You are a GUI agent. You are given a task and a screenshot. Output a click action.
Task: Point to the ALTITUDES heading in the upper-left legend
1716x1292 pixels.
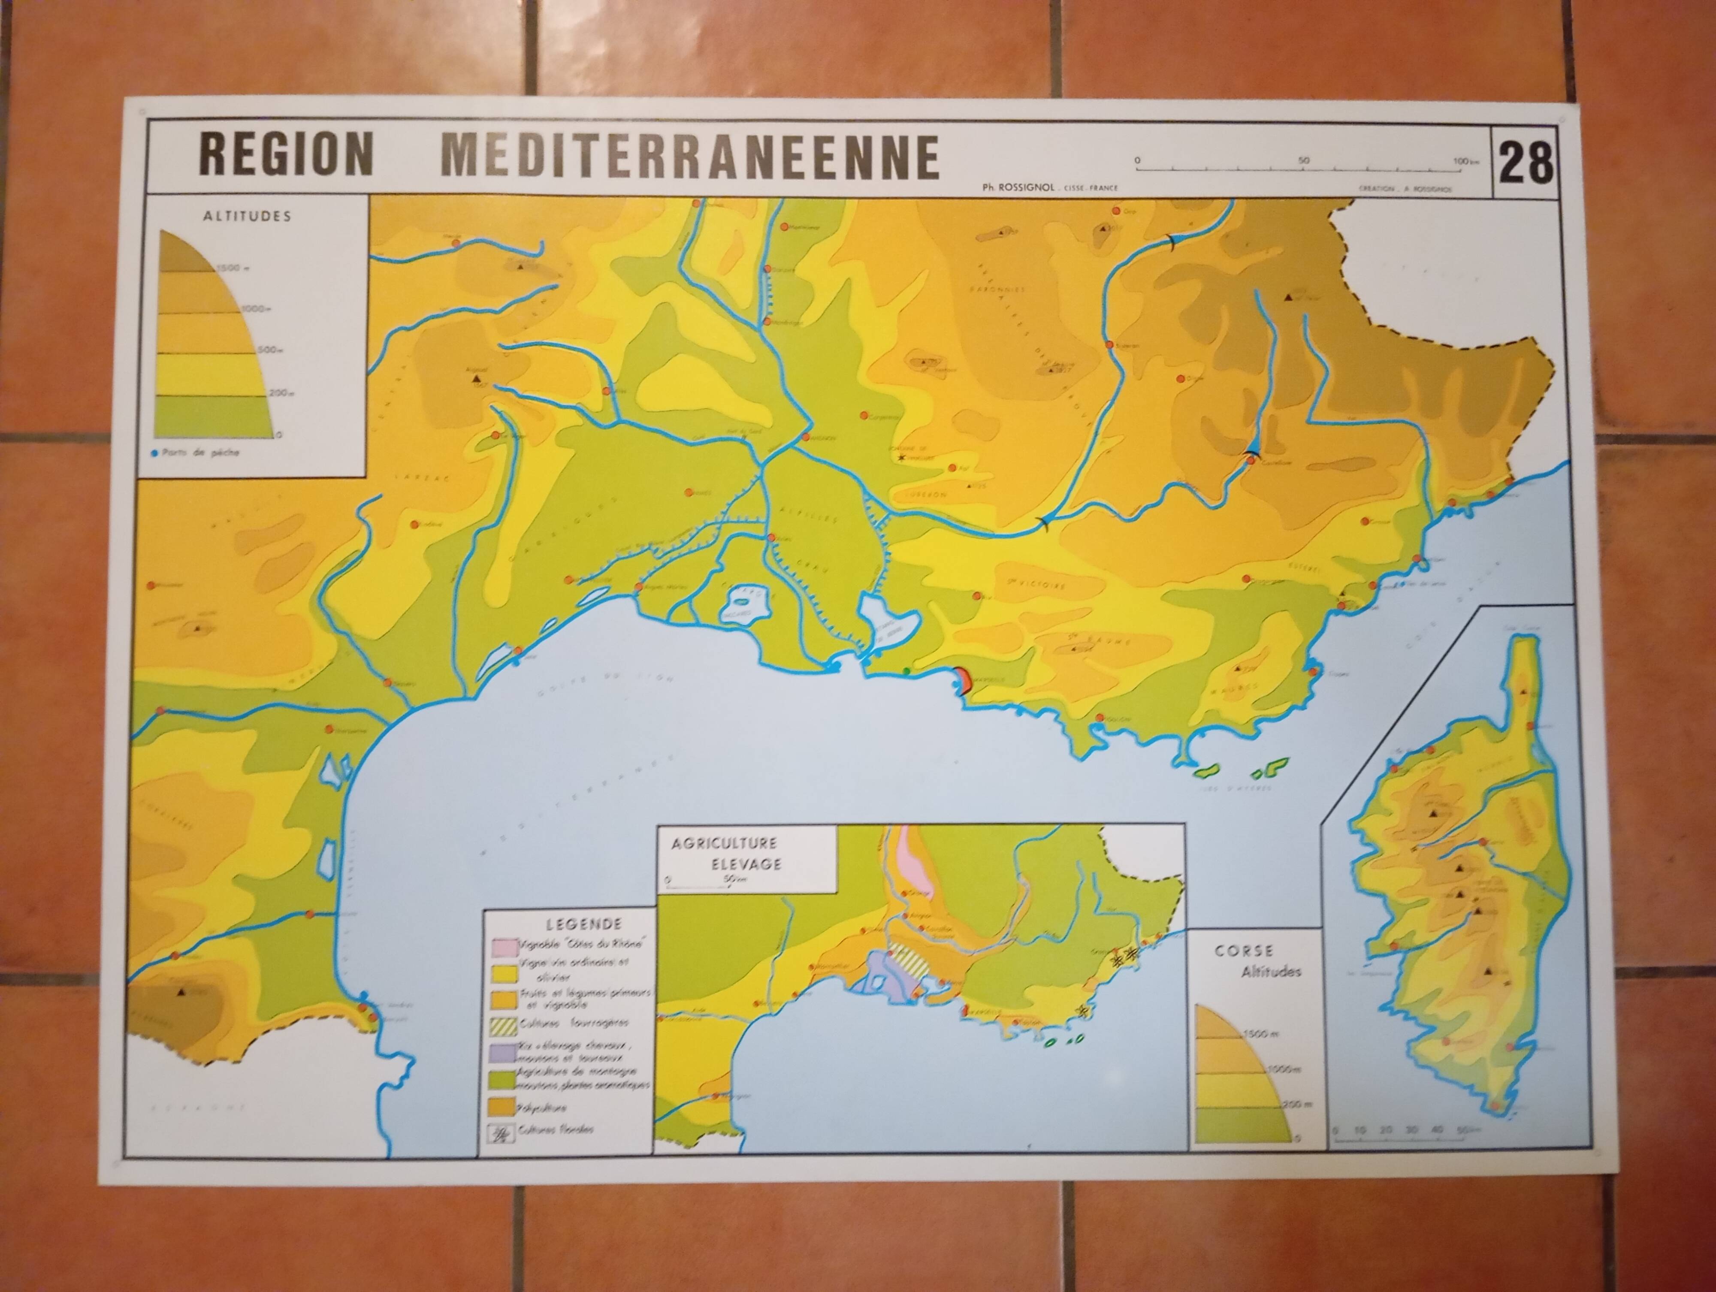247,216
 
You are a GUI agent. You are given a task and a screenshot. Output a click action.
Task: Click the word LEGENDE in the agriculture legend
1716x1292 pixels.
573,924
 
